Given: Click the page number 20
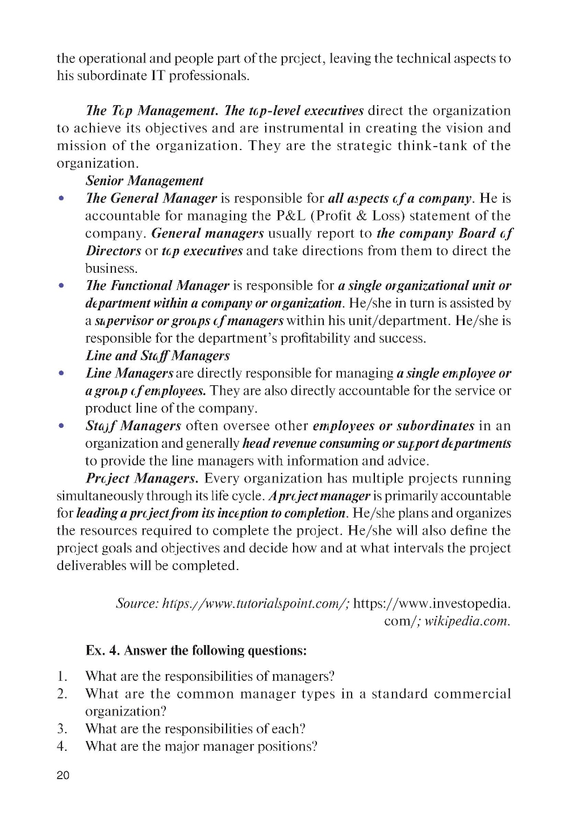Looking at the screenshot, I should tap(63, 776).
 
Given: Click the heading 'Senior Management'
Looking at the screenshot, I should tap(144, 181).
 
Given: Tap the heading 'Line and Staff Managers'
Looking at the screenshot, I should tap(157, 356).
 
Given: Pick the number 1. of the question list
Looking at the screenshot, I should tap(62, 676).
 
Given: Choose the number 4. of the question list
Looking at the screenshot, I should tap(62, 746).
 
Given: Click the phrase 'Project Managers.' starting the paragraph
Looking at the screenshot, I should tap(142, 479).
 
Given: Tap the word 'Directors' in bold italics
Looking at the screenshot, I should tap(113, 251).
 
